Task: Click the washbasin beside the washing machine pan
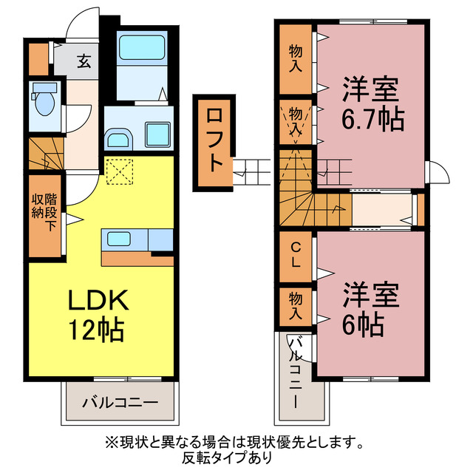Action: click(x=118, y=137)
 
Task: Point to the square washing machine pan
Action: click(x=158, y=135)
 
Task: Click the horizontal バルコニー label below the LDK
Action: click(x=119, y=404)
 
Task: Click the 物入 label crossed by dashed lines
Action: click(x=295, y=121)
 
